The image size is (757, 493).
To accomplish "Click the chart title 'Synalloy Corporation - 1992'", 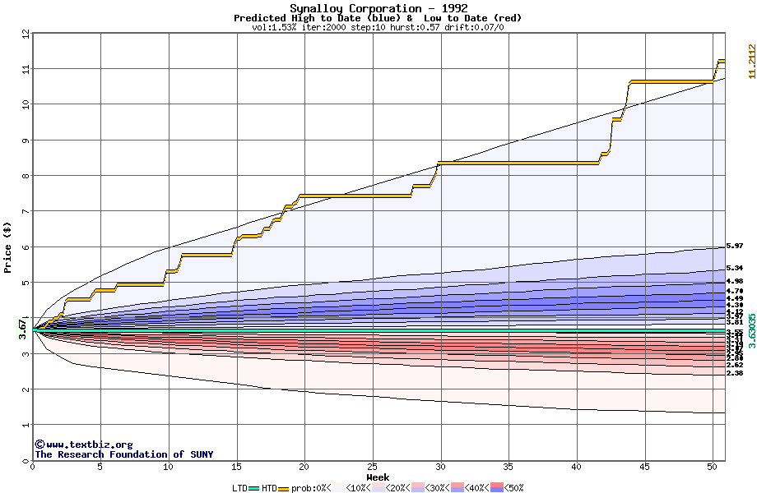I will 378,8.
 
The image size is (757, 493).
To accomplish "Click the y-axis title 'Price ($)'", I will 8,246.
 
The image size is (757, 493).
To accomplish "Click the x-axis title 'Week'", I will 378,477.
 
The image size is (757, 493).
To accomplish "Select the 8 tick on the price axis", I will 26,176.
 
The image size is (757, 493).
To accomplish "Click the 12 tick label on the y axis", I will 26,34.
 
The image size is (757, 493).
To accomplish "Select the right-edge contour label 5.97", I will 735,246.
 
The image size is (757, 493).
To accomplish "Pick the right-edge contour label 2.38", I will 735,373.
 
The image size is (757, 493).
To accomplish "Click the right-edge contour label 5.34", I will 735,268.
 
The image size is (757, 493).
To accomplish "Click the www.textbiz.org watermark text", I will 83,445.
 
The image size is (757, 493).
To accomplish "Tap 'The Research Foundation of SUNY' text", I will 123,454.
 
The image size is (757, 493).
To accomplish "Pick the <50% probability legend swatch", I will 497,488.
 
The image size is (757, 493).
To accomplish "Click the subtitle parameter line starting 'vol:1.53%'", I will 378,27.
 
